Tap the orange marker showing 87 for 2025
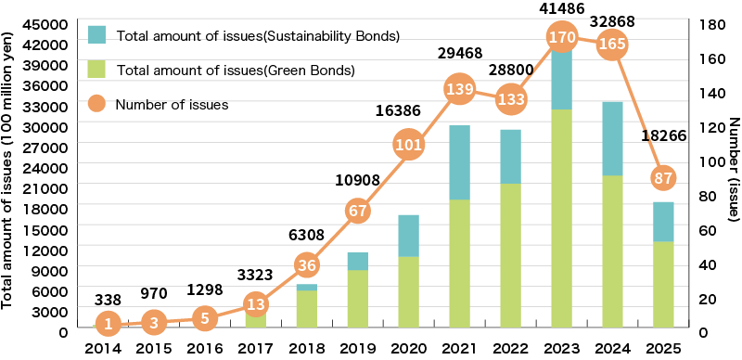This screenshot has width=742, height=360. pos(661,178)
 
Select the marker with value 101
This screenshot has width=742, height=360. pos(409,146)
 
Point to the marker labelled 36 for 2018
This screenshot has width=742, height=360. pos(308,265)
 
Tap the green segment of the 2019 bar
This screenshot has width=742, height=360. pos(358,298)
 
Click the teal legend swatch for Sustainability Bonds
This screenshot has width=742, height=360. pos(99,35)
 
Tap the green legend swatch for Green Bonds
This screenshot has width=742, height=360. pos(99,69)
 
